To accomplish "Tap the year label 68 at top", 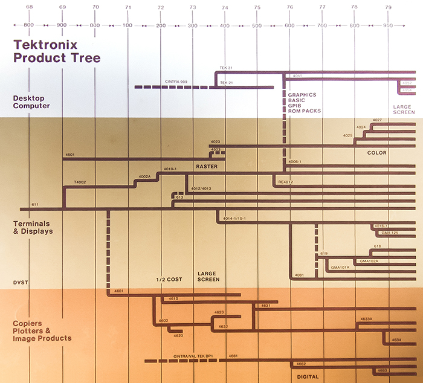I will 30,7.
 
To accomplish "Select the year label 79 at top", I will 387,7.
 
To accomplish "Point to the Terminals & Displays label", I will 33,227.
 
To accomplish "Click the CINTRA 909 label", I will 176,82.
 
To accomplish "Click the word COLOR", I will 376,153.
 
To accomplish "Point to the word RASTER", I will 206,166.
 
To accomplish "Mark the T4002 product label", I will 80,182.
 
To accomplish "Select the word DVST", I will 21,282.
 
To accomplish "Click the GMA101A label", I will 340,266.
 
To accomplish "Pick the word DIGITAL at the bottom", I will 308,375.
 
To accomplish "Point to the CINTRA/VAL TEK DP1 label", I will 193,356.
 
